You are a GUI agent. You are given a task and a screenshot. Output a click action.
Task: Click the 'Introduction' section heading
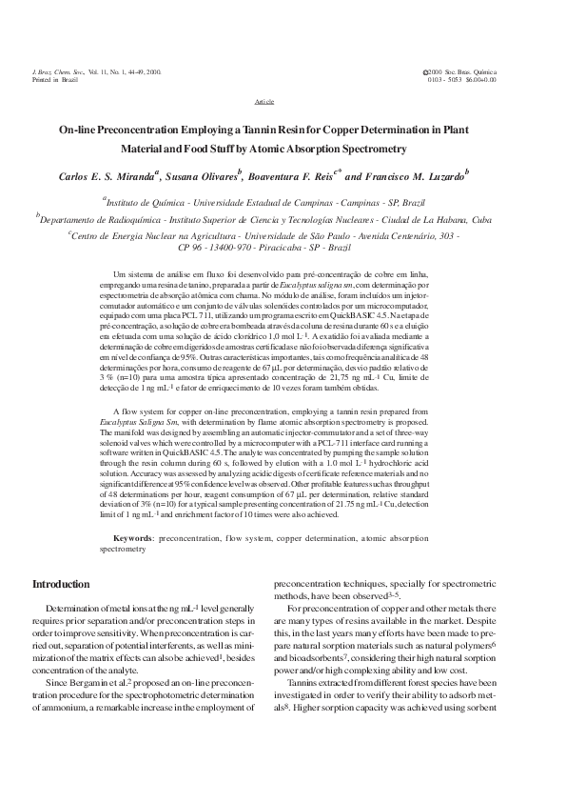pyautogui.click(x=62, y=584)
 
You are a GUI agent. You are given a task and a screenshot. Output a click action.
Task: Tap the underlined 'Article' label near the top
pyautogui.click(x=265, y=100)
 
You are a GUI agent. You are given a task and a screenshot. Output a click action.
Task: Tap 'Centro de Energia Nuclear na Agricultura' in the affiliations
pyautogui.click(x=156, y=233)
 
